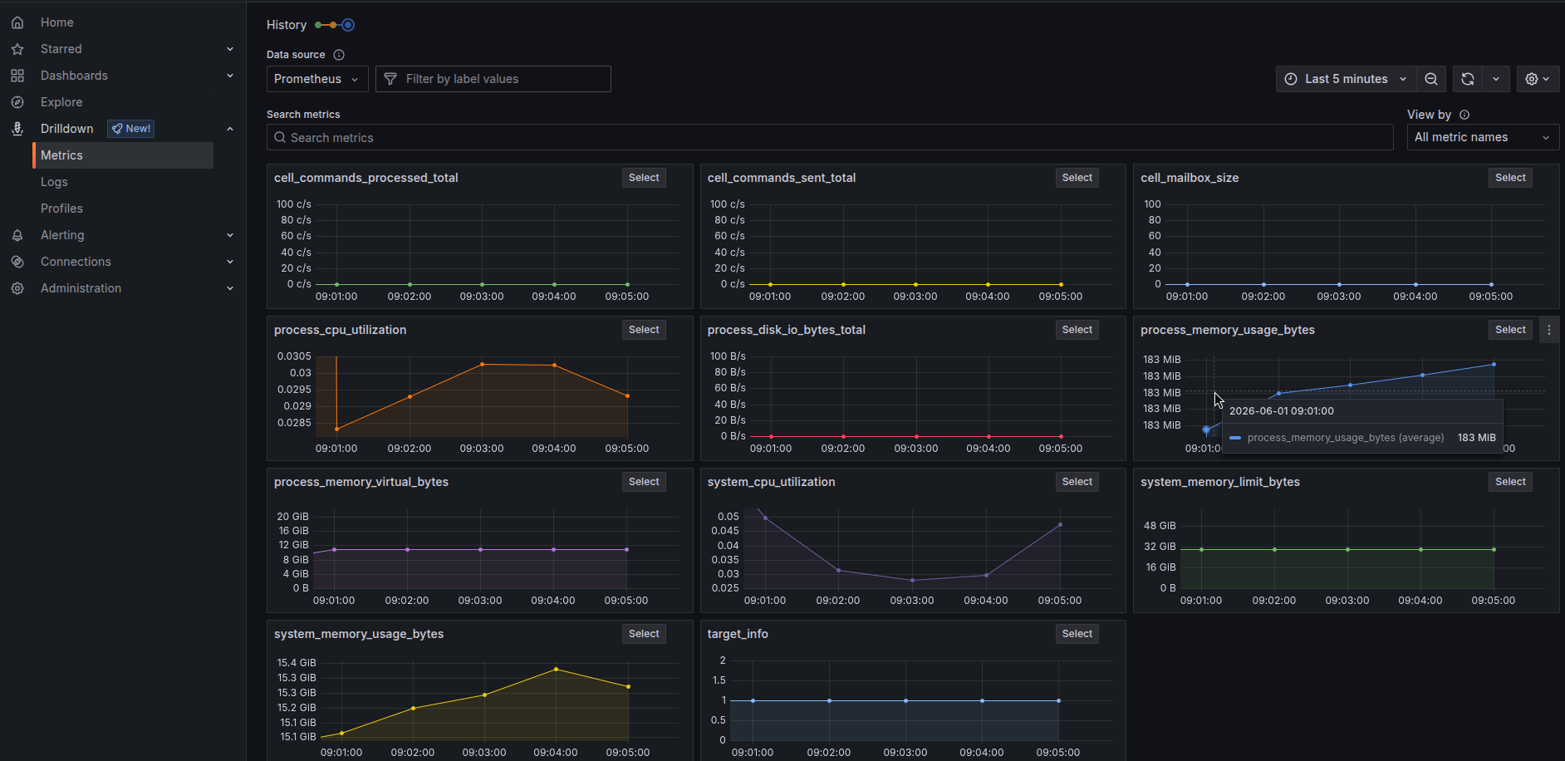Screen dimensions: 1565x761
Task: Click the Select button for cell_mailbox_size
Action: click(x=1510, y=178)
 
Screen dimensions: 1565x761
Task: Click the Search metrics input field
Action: click(x=830, y=138)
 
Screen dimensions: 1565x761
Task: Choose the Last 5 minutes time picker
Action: click(x=1346, y=79)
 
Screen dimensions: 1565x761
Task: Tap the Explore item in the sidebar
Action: click(x=61, y=102)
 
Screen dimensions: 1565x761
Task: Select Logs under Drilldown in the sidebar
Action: click(x=54, y=182)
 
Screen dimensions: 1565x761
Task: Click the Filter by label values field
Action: click(x=493, y=79)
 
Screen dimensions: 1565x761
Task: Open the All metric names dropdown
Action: click(x=1483, y=137)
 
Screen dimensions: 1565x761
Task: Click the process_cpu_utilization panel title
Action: click(x=341, y=330)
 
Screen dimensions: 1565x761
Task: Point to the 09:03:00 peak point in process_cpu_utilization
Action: click(x=482, y=364)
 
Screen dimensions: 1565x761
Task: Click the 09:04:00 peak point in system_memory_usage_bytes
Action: click(x=556, y=669)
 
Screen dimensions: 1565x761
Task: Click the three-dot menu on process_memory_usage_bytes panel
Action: click(x=1549, y=330)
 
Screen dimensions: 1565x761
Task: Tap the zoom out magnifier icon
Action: click(x=1431, y=79)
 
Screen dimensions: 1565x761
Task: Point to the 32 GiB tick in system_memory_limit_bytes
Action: click(x=1160, y=547)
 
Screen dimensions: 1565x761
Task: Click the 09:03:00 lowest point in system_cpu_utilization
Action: click(x=912, y=580)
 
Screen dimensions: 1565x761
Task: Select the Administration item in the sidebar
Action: click(x=81, y=288)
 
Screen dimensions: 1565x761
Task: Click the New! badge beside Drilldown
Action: click(x=131, y=129)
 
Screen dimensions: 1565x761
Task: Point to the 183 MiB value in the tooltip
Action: click(x=1476, y=438)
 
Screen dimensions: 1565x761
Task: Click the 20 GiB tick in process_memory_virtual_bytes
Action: click(x=292, y=517)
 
